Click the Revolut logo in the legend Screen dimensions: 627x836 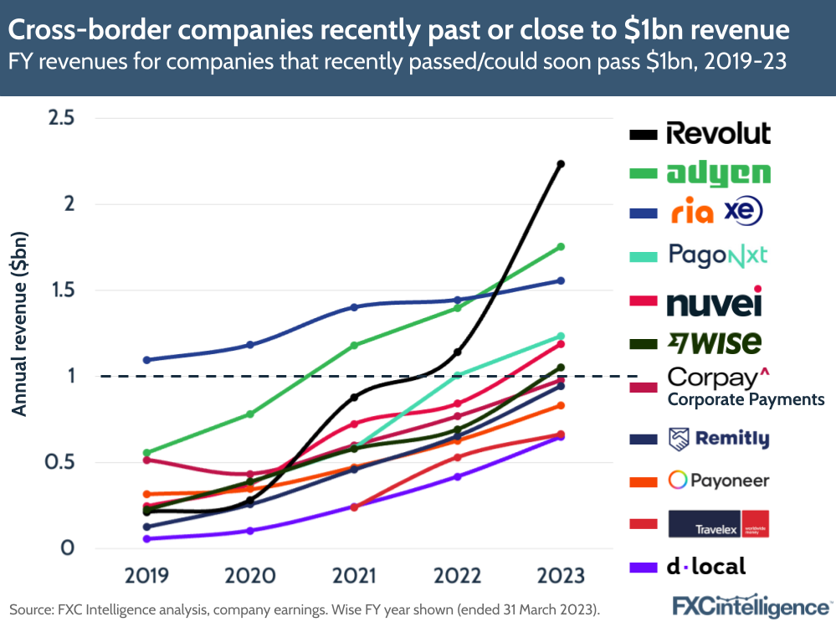pyautogui.click(x=718, y=133)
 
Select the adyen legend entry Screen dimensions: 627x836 pyautogui.click(x=718, y=173)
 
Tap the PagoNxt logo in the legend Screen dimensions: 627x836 pyautogui.click(x=717, y=254)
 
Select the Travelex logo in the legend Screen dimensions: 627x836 pyautogui.click(x=718, y=524)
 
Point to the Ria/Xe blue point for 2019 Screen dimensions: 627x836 pyautogui.click(x=147, y=360)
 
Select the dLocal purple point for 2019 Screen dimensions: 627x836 pyautogui.click(x=147, y=539)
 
